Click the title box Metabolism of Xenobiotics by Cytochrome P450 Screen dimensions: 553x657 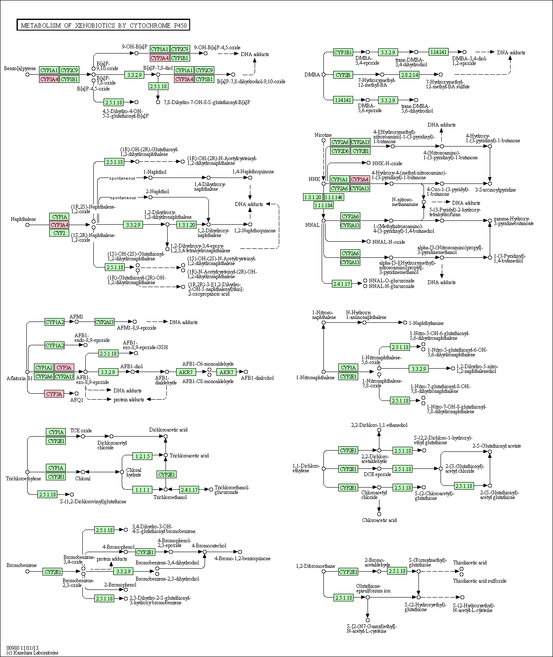coord(103,25)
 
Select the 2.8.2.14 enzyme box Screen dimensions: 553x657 coord(409,75)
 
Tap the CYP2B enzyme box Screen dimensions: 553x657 coord(343,75)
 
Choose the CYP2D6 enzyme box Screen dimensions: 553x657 coord(340,151)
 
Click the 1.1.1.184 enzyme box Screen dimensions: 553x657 coord(323,206)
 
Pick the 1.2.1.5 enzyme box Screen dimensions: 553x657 coord(143,456)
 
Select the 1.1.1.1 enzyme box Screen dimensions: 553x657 coord(143,490)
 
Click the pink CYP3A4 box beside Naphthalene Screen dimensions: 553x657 coord(59,225)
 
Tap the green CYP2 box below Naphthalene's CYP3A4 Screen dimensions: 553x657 coord(59,233)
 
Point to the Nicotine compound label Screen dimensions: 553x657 coord(323,135)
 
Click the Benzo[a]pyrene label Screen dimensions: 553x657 coord(20,68)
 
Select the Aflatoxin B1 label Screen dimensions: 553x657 coord(20,378)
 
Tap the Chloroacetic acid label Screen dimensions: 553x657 coord(379,520)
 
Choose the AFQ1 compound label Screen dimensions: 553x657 coord(77,400)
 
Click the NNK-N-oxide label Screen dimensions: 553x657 coord(387,164)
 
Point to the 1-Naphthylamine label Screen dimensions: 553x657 coord(426,323)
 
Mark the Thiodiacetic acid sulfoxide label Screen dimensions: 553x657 coord(480,581)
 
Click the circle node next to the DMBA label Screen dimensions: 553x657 coord(323,75)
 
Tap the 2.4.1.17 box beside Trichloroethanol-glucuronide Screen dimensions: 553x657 coord(189,490)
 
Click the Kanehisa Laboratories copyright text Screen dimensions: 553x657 coord(32,653)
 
